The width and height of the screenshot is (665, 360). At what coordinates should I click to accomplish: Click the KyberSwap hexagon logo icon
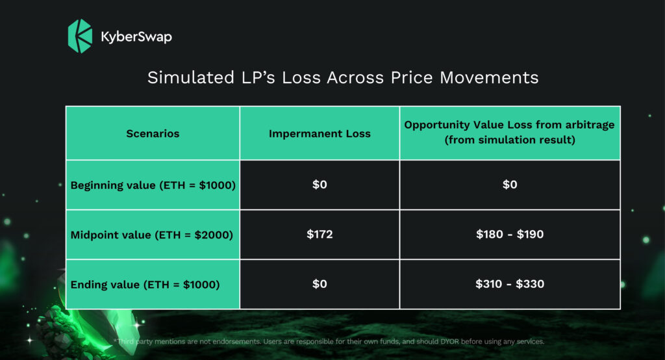(80, 36)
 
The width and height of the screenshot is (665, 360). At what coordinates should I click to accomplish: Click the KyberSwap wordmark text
(136, 36)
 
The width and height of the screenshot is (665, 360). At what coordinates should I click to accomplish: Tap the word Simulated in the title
(191, 78)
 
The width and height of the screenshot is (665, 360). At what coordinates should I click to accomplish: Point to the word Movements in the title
(489, 78)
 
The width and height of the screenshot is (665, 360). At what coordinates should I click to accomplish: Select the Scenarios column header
(153, 134)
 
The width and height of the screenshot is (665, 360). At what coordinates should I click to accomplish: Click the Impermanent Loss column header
(320, 134)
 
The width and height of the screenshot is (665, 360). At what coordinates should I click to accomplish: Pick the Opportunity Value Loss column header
(509, 132)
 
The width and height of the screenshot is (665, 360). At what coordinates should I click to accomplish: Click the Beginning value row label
(153, 185)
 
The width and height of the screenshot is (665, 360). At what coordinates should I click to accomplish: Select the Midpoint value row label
(152, 235)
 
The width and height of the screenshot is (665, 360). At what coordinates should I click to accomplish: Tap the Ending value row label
(145, 285)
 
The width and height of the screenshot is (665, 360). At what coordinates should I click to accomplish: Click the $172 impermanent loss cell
(320, 235)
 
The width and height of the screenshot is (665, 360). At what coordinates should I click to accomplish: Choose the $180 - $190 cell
(510, 235)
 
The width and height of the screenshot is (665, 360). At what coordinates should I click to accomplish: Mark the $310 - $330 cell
(510, 284)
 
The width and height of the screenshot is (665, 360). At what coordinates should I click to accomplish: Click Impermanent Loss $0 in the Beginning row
(320, 185)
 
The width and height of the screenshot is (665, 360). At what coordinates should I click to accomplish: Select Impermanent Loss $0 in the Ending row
(320, 284)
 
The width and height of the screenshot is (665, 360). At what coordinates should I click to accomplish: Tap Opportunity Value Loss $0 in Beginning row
(510, 185)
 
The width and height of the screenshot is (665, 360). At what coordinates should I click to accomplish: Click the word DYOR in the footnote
(449, 341)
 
